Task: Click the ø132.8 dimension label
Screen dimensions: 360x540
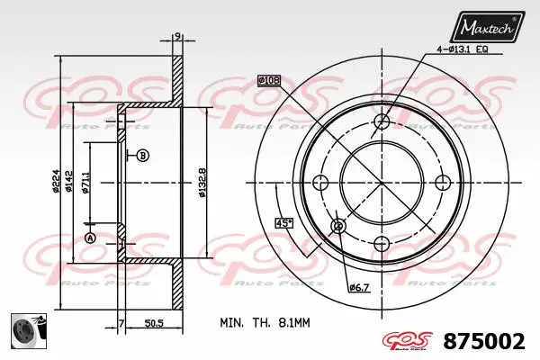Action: pos(202,183)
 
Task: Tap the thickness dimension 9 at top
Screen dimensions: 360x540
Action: pos(177,36)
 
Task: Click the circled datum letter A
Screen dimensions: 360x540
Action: pos(90,238)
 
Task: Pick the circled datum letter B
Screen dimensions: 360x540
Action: pos(142,156)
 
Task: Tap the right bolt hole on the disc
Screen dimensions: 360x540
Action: pos(442,183)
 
